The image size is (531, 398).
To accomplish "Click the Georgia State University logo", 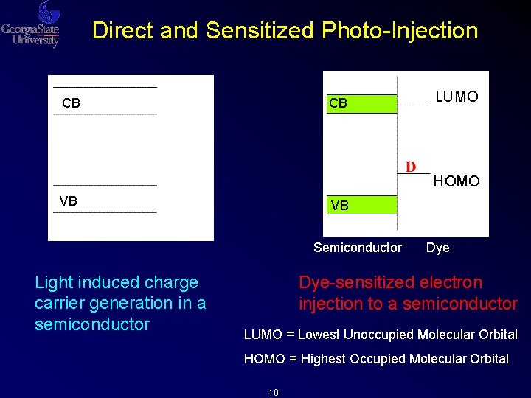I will pos(31,25).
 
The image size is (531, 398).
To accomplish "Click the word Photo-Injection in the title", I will pos(400,31).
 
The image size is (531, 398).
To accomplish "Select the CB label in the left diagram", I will pos(72,103).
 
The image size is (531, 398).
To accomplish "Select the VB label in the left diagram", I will pos(69,201).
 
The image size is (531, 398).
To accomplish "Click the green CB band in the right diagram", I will pos(361,103).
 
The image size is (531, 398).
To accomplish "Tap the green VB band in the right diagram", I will pos(361,205).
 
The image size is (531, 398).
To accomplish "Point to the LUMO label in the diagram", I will pos(457,97).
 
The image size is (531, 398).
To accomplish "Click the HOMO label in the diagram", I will pos(457,181).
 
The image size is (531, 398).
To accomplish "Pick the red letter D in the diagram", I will pos(411,167).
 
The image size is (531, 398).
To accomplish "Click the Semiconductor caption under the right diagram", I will pos(358,248).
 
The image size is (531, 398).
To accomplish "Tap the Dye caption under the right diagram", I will pos(437,248).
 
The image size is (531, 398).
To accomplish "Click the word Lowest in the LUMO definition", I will pos(322,335).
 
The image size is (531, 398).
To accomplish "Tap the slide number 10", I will pos(273,392).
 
